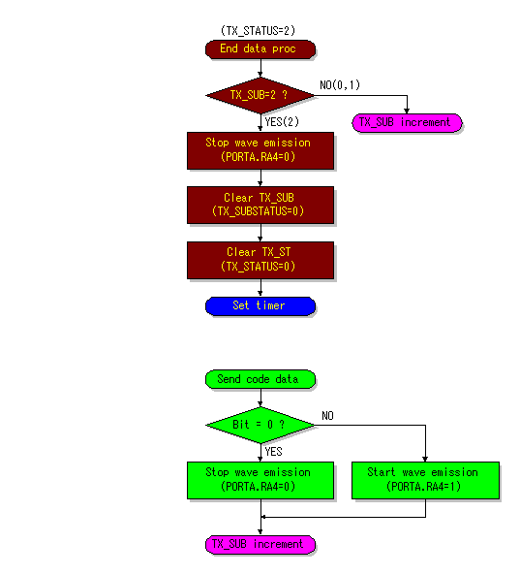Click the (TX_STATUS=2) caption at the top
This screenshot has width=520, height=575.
[x=258, y=30]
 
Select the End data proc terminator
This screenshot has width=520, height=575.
[x=260, y=49]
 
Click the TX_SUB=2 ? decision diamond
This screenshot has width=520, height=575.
[x=260, y=95]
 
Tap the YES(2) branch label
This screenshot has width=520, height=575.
[x=282, y=122]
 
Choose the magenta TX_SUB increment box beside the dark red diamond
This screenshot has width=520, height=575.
[x=407, y=123]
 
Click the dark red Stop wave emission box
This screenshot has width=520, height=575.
[x=260, y=150]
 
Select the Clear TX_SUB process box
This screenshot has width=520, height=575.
[x=260, y=205]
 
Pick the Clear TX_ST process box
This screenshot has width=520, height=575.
[x=260, y=260]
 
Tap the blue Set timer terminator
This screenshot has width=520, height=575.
[x=260, y=306]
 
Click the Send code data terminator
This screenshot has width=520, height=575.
[x=260, y=379]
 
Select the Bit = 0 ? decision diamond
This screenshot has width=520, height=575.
[x=260, y=425]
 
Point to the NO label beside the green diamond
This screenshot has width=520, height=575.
[x=327, y=415]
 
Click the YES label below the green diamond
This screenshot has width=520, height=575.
[x=273, y=452]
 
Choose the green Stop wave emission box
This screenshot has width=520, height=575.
[x=260, y=480]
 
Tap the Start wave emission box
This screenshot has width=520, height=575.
[x=425, y=480]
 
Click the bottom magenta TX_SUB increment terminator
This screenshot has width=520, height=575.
[x=260, y=544]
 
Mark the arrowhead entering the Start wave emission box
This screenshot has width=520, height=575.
[x=425, y=460]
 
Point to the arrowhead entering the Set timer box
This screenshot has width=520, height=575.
[x=260, y=295]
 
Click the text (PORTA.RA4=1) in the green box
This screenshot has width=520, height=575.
[x=423, y=487]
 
